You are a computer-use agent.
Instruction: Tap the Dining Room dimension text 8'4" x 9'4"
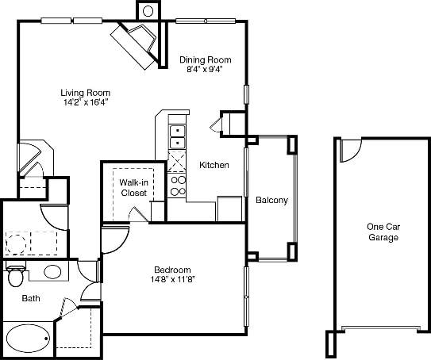[205, 69]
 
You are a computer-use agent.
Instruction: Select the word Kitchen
[214, 165]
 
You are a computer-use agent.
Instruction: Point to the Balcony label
[271, 200]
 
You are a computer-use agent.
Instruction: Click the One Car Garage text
[383, 232]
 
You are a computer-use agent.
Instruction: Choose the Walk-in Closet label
[133, 187]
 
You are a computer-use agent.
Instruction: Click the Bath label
[30, 299]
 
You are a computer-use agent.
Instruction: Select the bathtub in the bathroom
[27, 336]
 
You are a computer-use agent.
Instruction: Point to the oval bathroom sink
[52, 272]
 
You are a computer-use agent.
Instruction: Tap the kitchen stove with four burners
[178, 186]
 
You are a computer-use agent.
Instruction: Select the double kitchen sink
[178, 136]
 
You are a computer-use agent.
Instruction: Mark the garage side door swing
[349, 148]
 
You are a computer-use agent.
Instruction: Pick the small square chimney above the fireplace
[148, 11]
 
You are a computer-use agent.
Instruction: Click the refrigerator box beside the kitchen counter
[229, 208]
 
